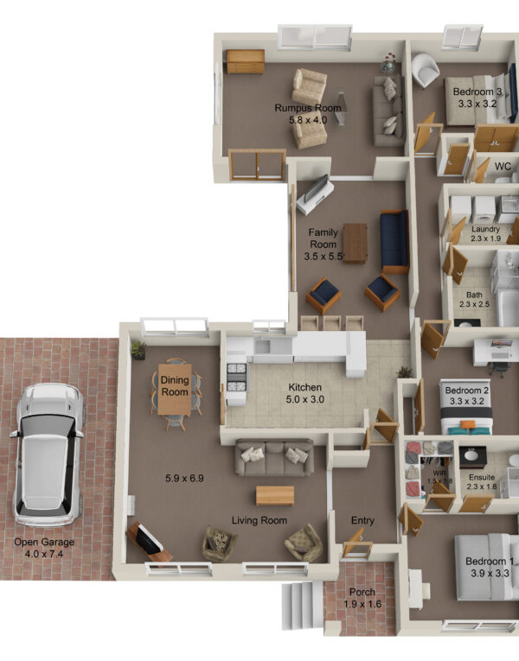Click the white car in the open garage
point(48,454)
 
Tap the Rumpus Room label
point(308,108)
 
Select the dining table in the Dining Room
point(175,389)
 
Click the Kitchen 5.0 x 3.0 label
point(304,393)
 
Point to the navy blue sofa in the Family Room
point(394,242)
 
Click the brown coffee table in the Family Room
point(355,244)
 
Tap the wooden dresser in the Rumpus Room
point(245,61)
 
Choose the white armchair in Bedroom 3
point(425,70)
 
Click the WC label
point(503,167)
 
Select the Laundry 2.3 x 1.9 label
point(485,233)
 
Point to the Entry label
point(362,521)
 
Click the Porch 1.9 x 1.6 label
point(362,598)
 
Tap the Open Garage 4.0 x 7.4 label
point(44,548)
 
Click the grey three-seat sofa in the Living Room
point(275,457)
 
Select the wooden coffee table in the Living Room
point(275,495)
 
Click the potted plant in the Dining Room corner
point(138,350)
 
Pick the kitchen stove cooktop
point(237,378)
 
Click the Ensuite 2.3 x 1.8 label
point(482,482)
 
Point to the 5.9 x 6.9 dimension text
point(184,478)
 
